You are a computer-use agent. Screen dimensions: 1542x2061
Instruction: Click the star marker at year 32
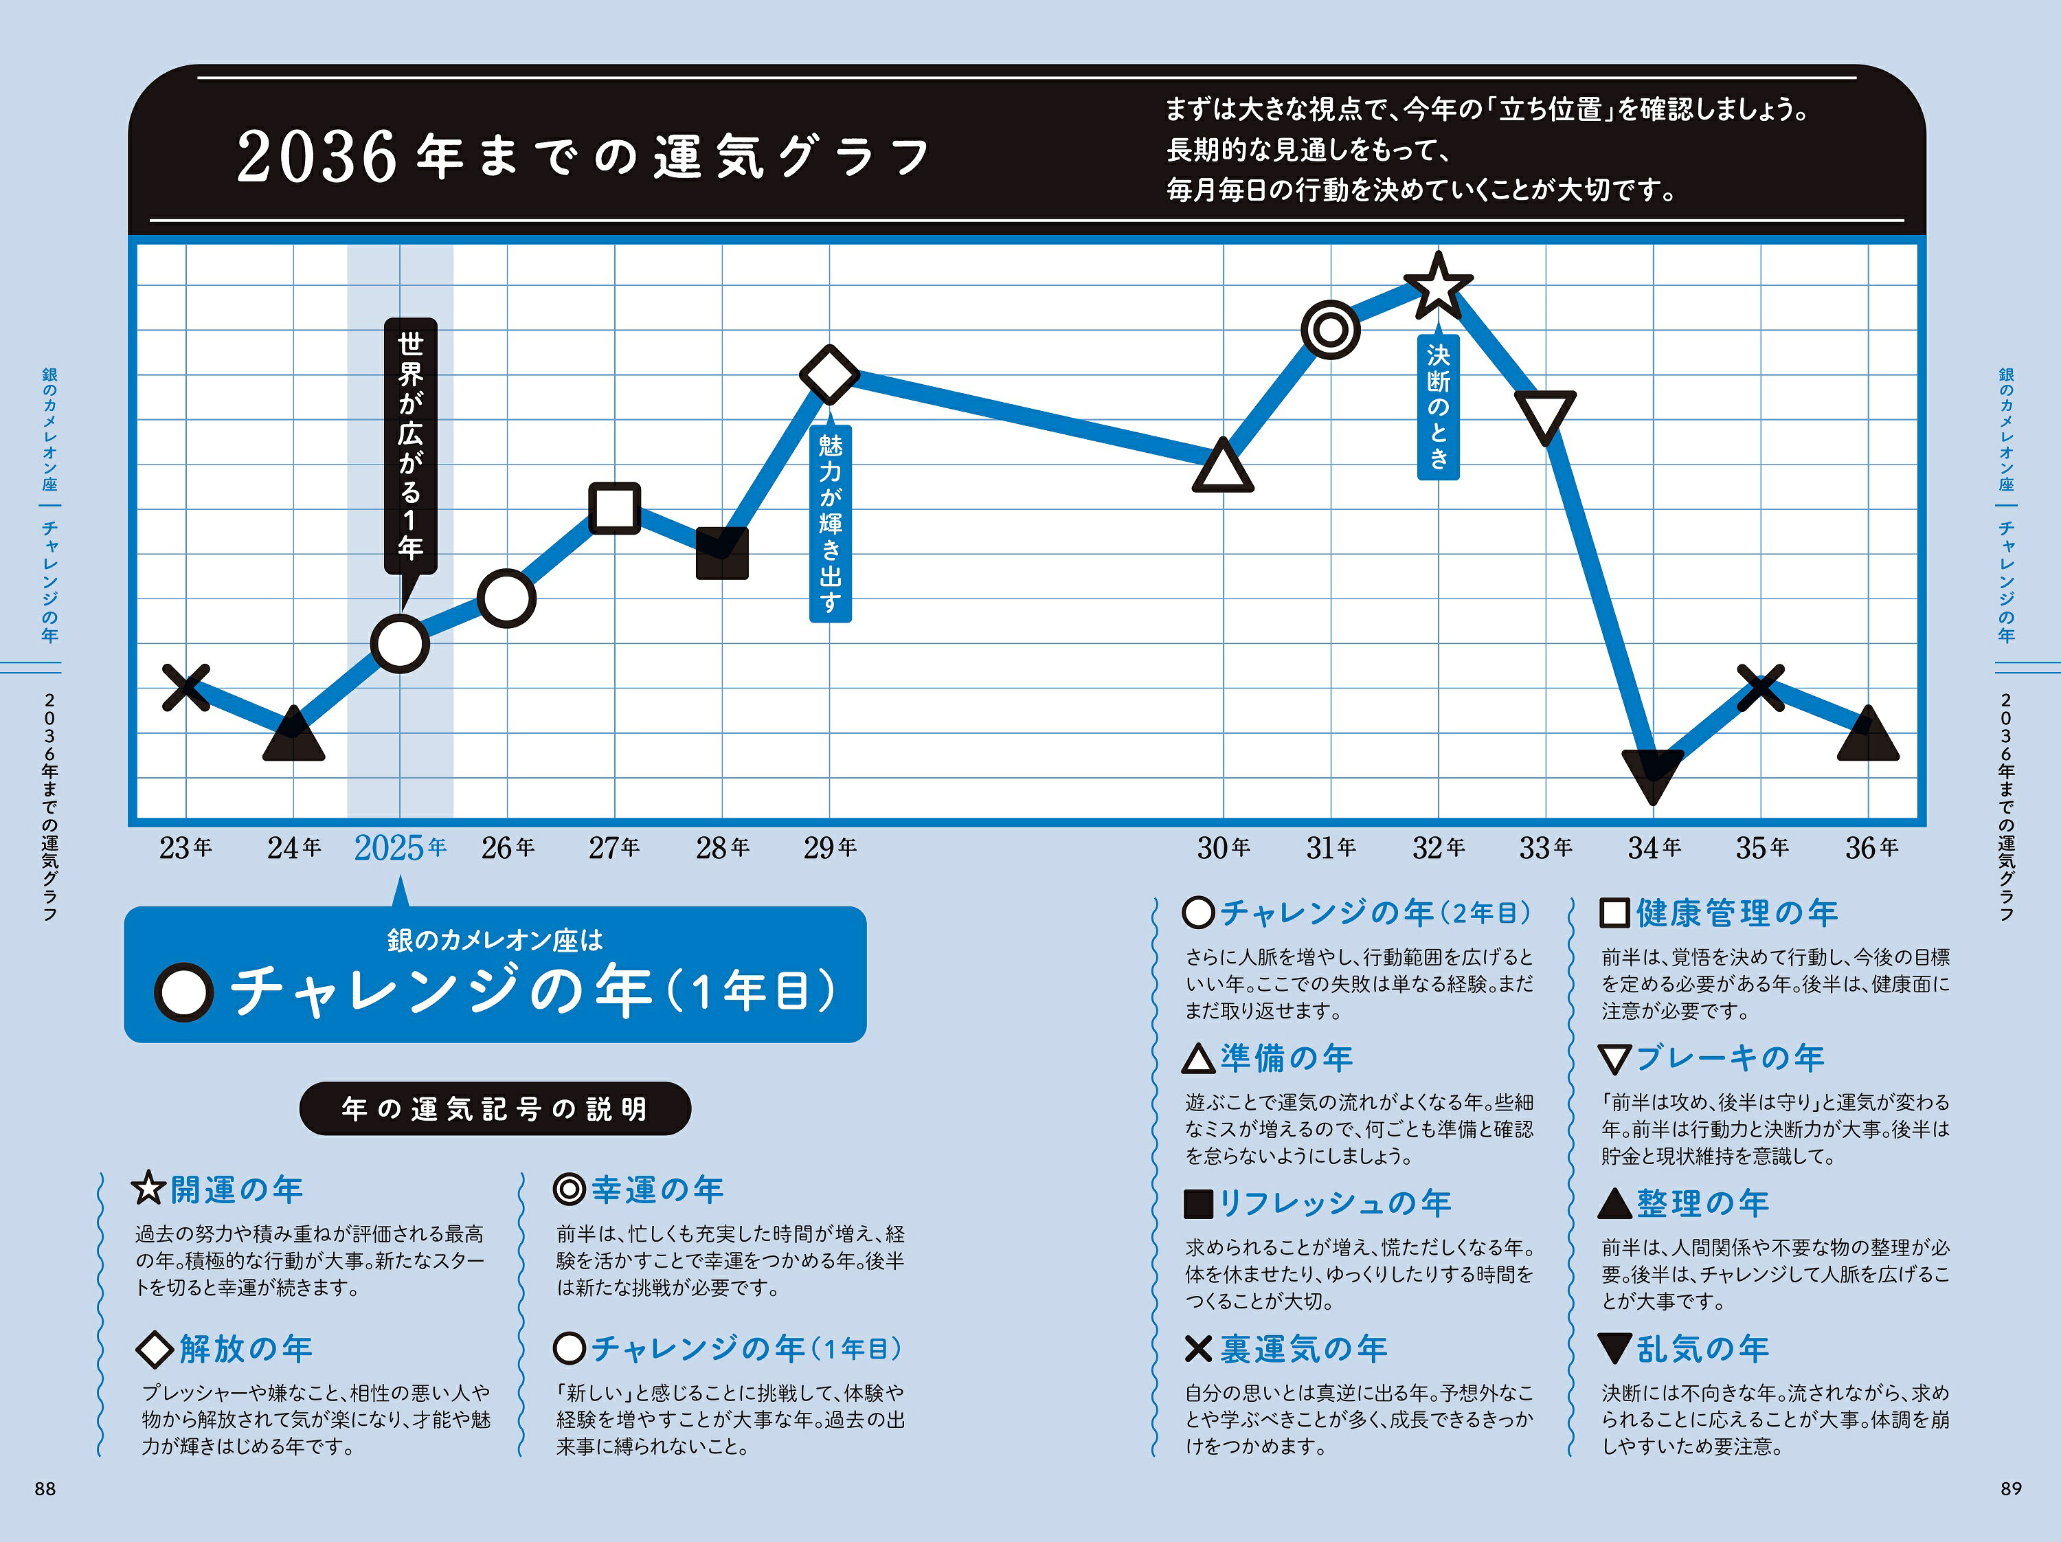[x=1438, y=285]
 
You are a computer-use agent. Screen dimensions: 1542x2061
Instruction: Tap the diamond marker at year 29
[x=829, y=375]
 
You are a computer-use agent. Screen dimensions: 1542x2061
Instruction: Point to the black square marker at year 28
[x=722, y=552]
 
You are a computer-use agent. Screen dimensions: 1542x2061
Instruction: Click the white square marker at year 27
[x=615, y=508]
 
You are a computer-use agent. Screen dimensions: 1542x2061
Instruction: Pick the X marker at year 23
[x=186, y=688]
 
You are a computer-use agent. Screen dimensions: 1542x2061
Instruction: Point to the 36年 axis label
[x=1871, y=848]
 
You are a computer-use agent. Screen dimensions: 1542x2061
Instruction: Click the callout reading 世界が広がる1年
[x=410, y=445]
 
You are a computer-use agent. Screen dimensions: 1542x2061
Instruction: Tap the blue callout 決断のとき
[x=1438, y=405]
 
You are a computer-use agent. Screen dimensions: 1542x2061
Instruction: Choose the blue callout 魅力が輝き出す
[x=829, y=523]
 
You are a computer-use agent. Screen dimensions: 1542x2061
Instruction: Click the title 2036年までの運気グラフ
[x=583, y=155]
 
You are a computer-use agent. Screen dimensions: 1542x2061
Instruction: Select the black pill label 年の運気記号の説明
[x=495, y=1109]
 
